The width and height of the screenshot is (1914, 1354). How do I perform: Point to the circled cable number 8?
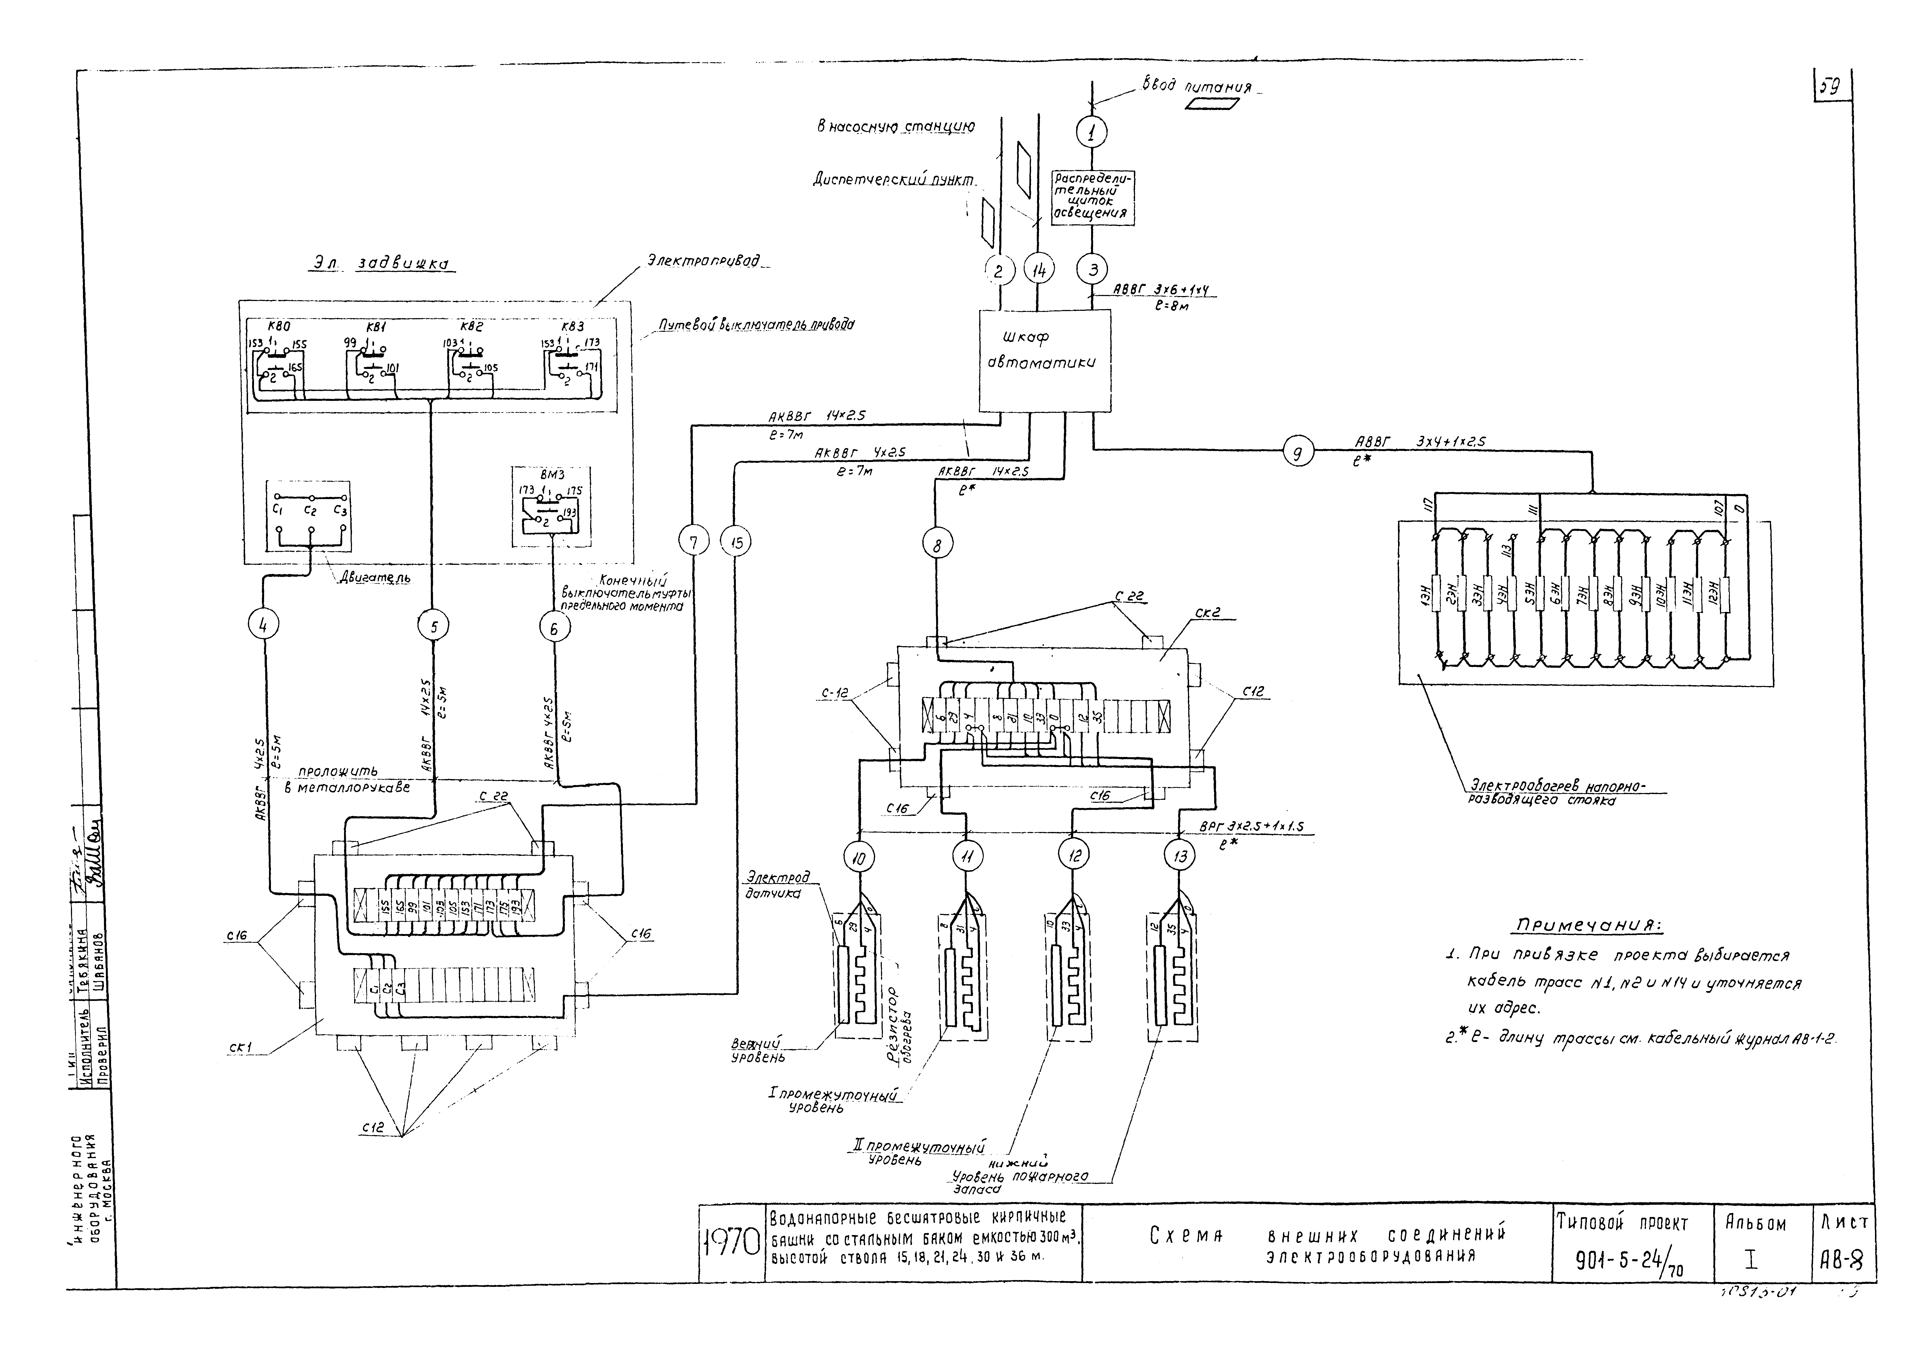pos(938,545)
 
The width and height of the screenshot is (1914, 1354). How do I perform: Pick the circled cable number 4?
pos(263,625)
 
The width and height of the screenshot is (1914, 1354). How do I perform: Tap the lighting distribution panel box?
pos(1092,198)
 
